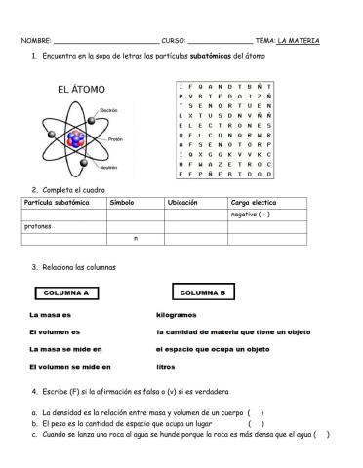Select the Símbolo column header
(121, 202)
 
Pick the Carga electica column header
(253, 202)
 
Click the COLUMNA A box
(66, 292)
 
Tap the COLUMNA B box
(202, 292)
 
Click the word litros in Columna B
(166, 367)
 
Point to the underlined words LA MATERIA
(300, 40)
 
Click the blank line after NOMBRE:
(106, 41)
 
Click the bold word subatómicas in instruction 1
(213, 55)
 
